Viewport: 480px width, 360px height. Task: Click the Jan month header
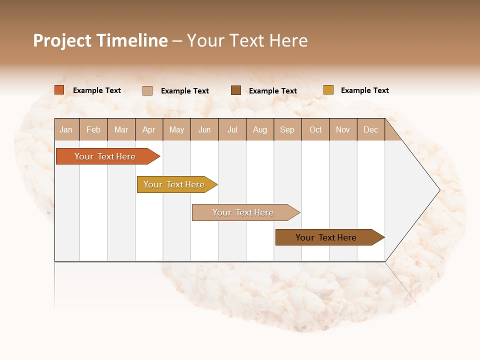(66, 129)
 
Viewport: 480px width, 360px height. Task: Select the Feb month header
(93, 129)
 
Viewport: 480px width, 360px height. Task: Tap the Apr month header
(148, 129)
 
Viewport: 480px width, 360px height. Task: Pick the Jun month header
(204, 129)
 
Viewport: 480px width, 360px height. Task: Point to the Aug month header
(259, 129)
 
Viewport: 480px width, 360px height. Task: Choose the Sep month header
(287, 129)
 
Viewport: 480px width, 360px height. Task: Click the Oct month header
(315, 129)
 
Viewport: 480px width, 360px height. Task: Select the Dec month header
(370, 129)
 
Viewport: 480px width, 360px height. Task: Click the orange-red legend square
(59, 90)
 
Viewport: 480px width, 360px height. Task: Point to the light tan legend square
(147, 90)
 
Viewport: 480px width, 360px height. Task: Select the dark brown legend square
(236, 90)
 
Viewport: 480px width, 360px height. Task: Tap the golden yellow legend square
(328, 90)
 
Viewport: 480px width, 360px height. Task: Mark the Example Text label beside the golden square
(364, 90)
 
